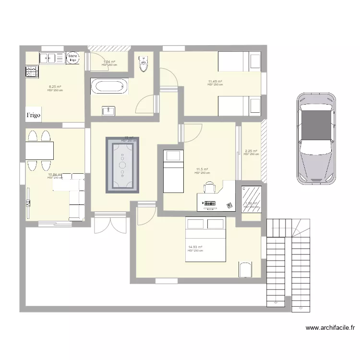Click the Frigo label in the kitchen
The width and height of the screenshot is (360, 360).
(34, 115)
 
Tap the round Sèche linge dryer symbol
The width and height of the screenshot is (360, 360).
(73, 58)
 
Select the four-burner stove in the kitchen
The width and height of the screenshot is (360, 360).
(32, 72)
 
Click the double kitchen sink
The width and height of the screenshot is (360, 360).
(52, 58)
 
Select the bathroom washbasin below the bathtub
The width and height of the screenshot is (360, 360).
(108, 111)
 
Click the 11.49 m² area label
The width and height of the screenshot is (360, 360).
(215, 82)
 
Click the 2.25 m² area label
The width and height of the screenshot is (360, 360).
(251, 152)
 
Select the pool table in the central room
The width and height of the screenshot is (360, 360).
(122, 165)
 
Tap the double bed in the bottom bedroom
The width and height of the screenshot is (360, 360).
(206, 240)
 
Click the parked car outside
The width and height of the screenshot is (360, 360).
(315, 138)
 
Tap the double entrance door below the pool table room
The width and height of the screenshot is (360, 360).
(110, 224)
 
